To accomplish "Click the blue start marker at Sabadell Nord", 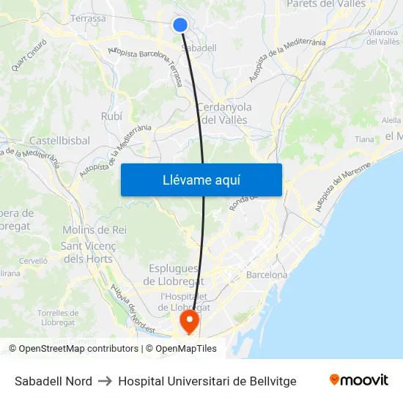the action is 180,25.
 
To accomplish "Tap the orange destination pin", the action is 190,321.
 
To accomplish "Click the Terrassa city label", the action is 88,18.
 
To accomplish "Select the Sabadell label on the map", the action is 199,48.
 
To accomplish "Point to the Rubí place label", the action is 111,116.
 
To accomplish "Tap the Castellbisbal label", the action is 59,140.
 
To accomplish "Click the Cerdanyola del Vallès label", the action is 224,114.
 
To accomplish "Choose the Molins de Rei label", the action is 95,229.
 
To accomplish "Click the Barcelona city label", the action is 267,275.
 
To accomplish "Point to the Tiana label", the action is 364,139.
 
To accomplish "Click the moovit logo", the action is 358,380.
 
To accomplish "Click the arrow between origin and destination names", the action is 105,381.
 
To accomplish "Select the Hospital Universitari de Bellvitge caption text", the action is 207,381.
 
